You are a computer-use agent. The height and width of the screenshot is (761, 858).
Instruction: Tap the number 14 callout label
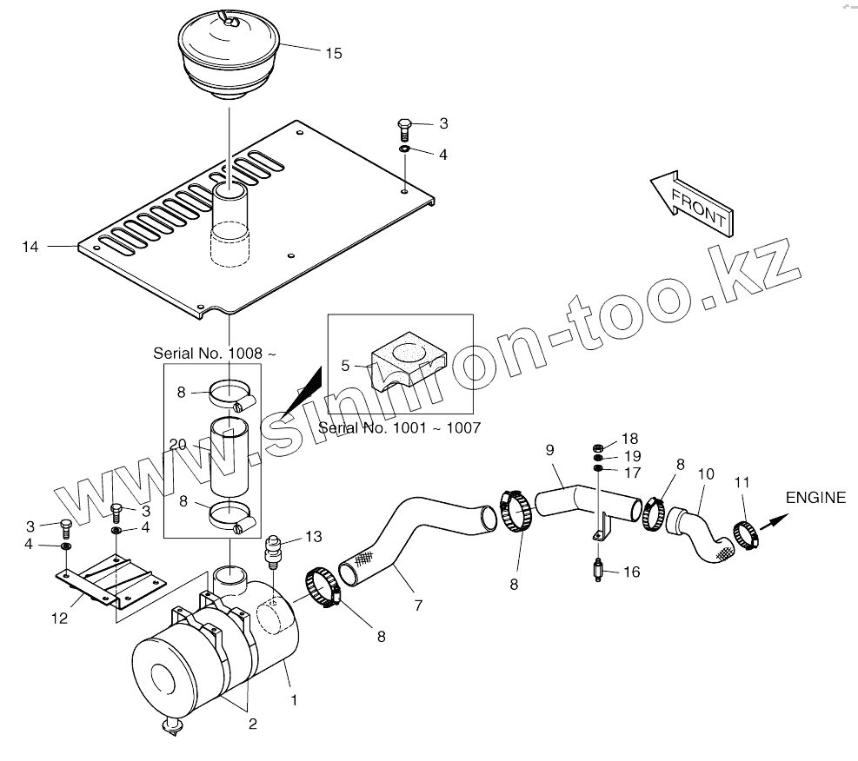point(30,248)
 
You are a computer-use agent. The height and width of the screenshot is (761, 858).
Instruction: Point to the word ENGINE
point(815,498)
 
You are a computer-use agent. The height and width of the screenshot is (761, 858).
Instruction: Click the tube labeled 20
point(229,455)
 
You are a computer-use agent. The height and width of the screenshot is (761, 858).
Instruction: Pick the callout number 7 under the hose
point(418,605)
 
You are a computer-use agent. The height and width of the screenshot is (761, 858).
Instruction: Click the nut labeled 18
point(598,447)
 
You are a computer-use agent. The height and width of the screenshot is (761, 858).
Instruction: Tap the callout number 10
point(706,473)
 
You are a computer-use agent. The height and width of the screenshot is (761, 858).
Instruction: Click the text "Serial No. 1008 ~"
point(215,354)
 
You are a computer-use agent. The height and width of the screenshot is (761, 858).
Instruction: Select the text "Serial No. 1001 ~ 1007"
point(399,427)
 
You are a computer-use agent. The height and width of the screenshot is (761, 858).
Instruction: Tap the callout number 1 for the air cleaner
point(294,698)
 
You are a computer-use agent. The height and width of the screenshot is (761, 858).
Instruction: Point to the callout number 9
point(549,449)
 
